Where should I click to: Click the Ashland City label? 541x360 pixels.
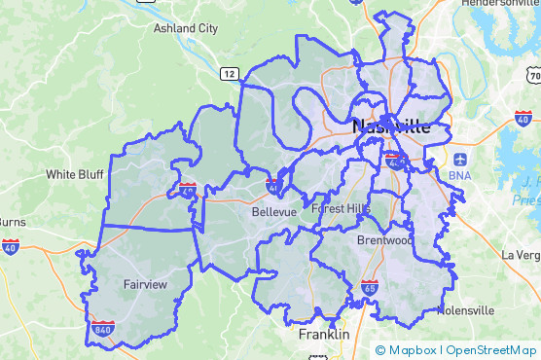pos(186,28)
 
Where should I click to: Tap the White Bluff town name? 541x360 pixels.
pos(74,175)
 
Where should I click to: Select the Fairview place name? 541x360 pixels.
pos(145,284)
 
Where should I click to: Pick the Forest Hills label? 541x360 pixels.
pos(341,208)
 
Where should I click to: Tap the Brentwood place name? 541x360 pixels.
pos(384,239)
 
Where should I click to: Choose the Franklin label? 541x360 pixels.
pos(324,334)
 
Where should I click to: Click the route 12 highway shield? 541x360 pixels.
pos(229,73)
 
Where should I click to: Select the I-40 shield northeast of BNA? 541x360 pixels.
pos(523,117)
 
